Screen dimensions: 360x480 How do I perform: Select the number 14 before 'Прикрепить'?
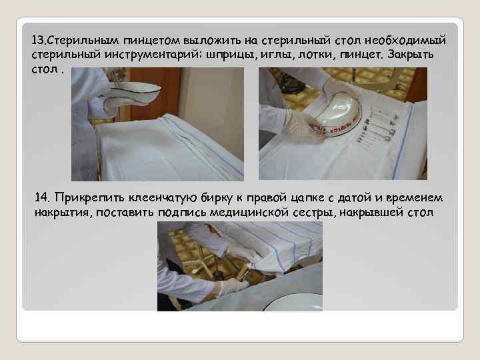42,198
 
